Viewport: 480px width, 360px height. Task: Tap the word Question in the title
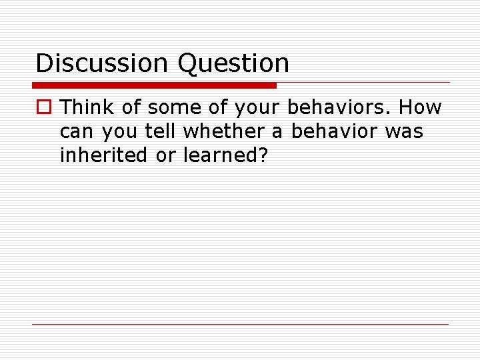[233, 63]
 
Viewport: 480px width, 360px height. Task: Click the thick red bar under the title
[154, 85]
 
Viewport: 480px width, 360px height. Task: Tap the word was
[404, 132]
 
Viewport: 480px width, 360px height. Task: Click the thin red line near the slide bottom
[240, 324]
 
